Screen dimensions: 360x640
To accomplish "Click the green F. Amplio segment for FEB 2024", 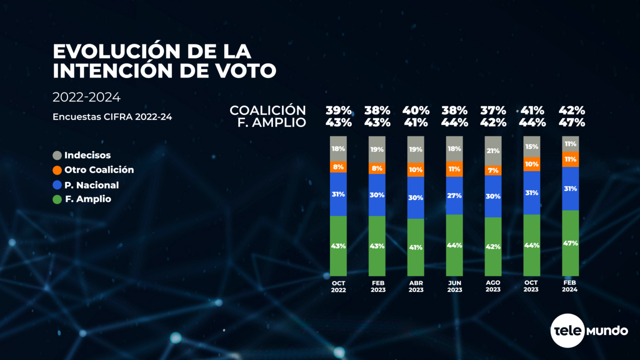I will (570, 243).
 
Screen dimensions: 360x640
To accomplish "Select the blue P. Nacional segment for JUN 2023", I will (454, 195).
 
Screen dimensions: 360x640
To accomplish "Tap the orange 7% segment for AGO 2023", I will (493, 170).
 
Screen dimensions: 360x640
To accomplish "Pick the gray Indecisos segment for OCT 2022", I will (338, 149).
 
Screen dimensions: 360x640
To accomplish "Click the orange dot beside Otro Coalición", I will (57, 170).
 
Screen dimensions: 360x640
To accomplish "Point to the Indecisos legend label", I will (87, 155).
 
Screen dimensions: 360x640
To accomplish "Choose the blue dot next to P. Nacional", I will (57, 185).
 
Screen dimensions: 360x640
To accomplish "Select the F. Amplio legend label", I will (88, 199).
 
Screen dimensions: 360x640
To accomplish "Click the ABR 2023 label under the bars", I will (416, 286).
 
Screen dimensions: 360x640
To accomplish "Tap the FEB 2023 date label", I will (378, 286).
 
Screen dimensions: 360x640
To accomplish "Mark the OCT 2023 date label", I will (531, 286).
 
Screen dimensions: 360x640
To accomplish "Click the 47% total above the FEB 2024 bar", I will (572, 122).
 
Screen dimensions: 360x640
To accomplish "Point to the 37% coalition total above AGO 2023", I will (493, 110).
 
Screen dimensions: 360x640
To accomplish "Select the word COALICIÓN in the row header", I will (267, 110).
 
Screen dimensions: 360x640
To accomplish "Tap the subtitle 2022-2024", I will (86, 97).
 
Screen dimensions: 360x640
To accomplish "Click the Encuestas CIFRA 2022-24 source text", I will (112, 117).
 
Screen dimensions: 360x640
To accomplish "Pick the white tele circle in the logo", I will (567, 330).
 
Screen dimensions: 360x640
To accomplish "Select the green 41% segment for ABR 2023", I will (415, 247).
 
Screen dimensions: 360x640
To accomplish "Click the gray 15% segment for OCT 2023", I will (532, 147).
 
